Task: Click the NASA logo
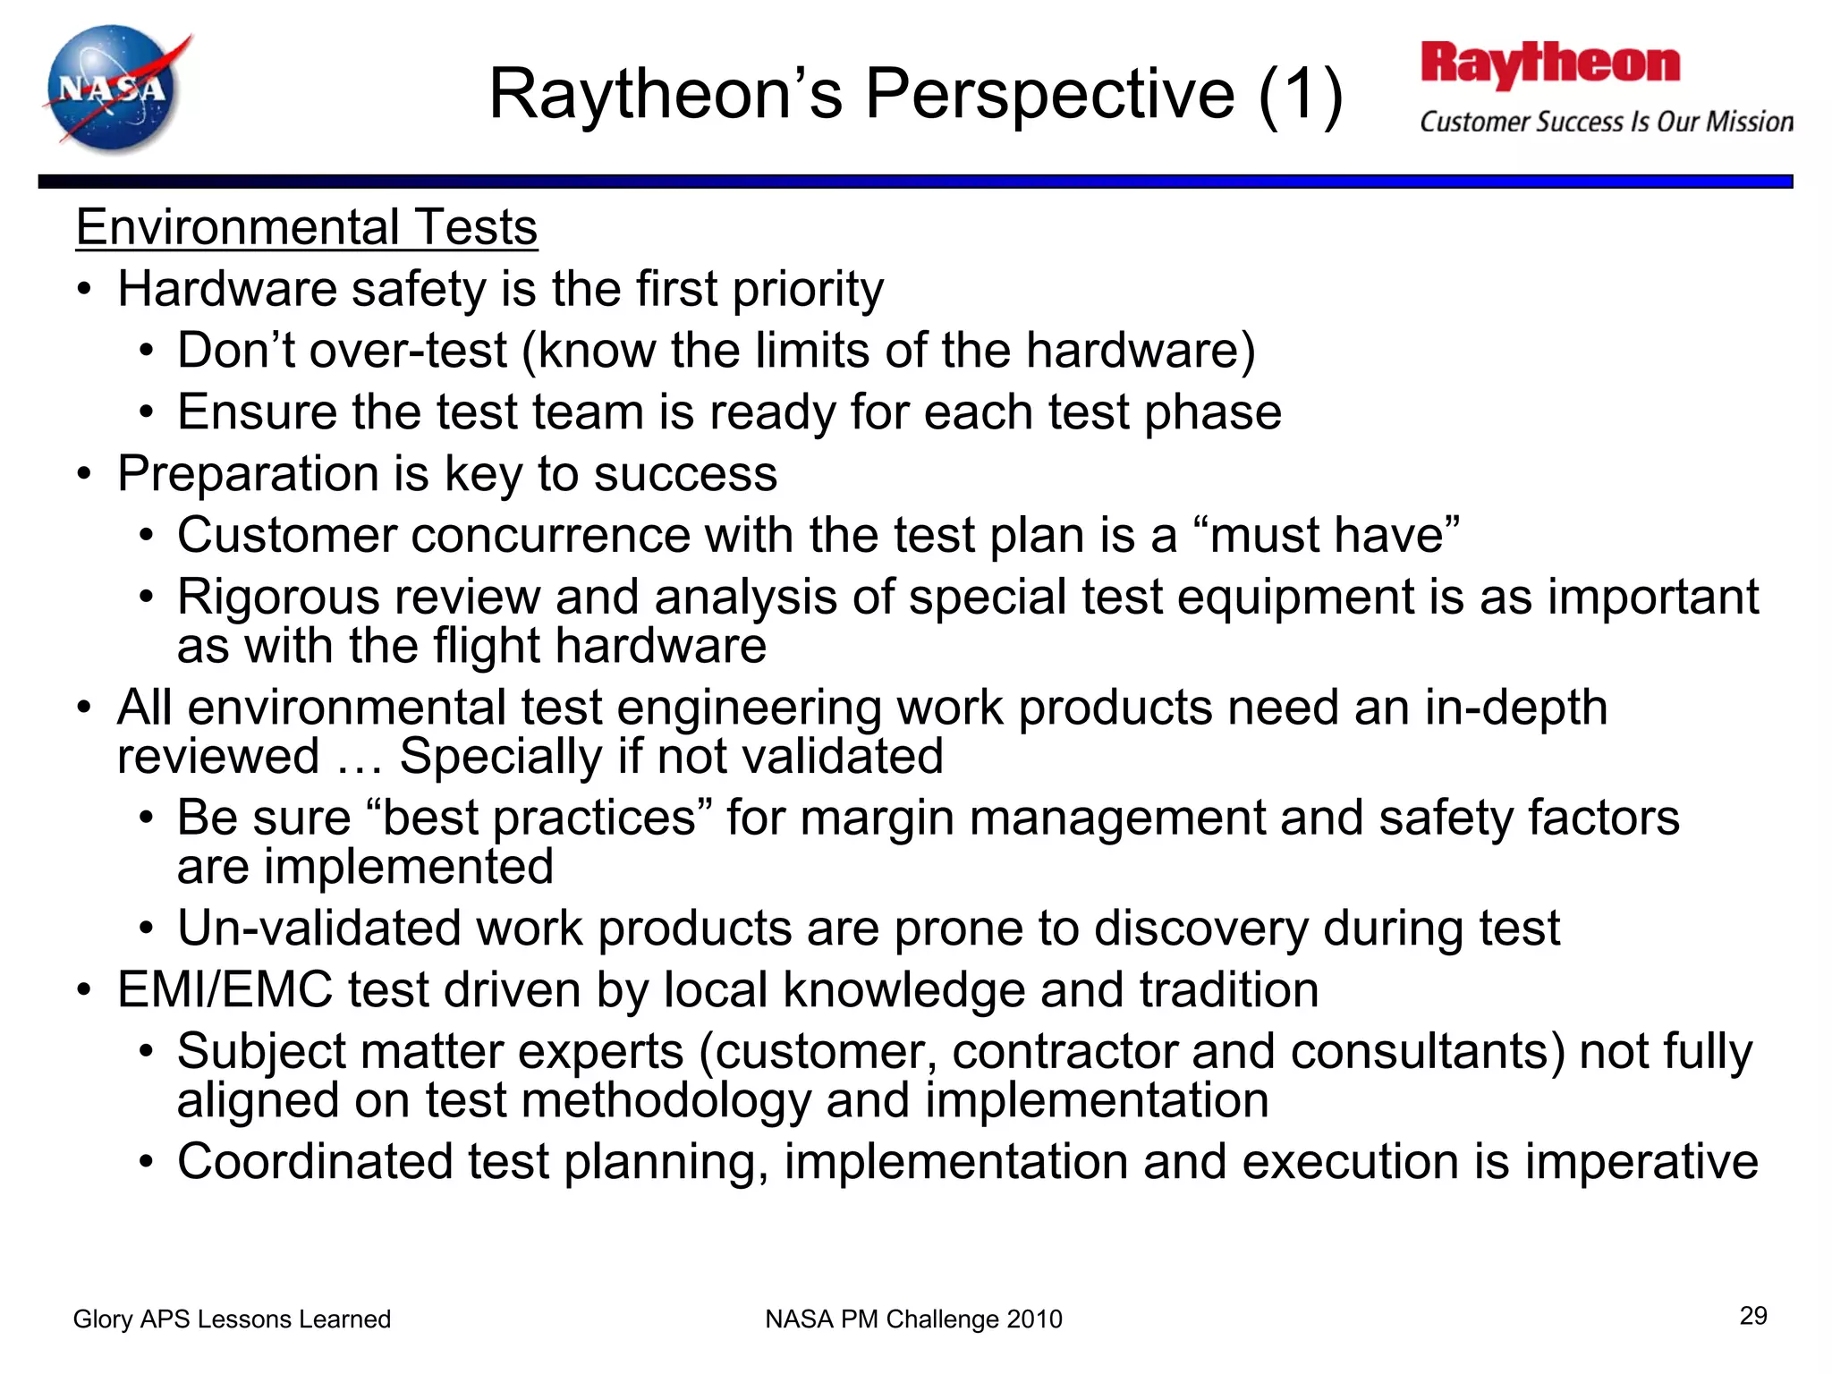click(114, 89)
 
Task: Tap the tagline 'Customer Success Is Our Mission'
click(1606, 122)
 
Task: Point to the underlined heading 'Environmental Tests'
click(307, 227)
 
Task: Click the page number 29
click(1753, 1316)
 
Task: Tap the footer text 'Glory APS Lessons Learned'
click(232, 1319)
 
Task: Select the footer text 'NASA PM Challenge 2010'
click(913, 1319)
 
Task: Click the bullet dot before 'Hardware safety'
click(84, 290)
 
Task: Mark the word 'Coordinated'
click(315, 1161)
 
